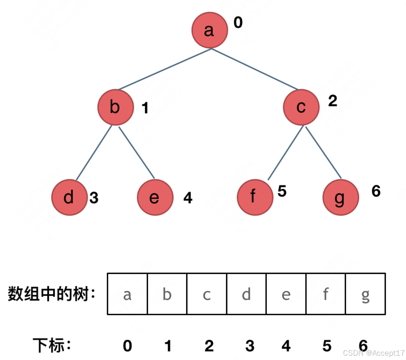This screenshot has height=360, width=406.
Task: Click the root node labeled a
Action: click(x=209, y=31)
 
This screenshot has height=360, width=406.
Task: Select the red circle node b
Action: click(x=115, y=107)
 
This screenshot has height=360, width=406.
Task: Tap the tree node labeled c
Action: click(x=301, y=107)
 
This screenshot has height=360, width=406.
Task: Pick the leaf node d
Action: click(x=69, y=197)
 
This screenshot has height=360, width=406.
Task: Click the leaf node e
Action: click(x=155, y=197)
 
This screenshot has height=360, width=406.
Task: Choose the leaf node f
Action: click(x=254, y=197)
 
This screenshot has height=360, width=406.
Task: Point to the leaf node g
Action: click(x=340, y=198)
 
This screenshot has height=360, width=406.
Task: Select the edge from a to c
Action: click(x=255, y=69)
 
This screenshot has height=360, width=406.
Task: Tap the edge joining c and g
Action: click(x=323, y=152)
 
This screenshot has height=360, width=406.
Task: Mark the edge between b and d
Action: click(x=94, y=152)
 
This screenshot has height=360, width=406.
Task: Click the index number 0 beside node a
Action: click(x=238, y=23)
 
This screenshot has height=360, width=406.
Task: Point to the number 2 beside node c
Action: click(x=332, y=101)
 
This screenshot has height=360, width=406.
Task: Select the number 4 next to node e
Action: click(x=188, y=198)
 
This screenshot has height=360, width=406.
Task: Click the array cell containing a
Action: click(x=127, y=294)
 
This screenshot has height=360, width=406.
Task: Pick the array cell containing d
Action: click(x=246, y=294)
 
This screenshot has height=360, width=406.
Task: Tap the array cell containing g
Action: click(x=365, y=294)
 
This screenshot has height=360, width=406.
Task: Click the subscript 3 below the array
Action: click(x=250, y=346)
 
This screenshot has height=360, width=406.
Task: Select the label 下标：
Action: click(x=52, y=345)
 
